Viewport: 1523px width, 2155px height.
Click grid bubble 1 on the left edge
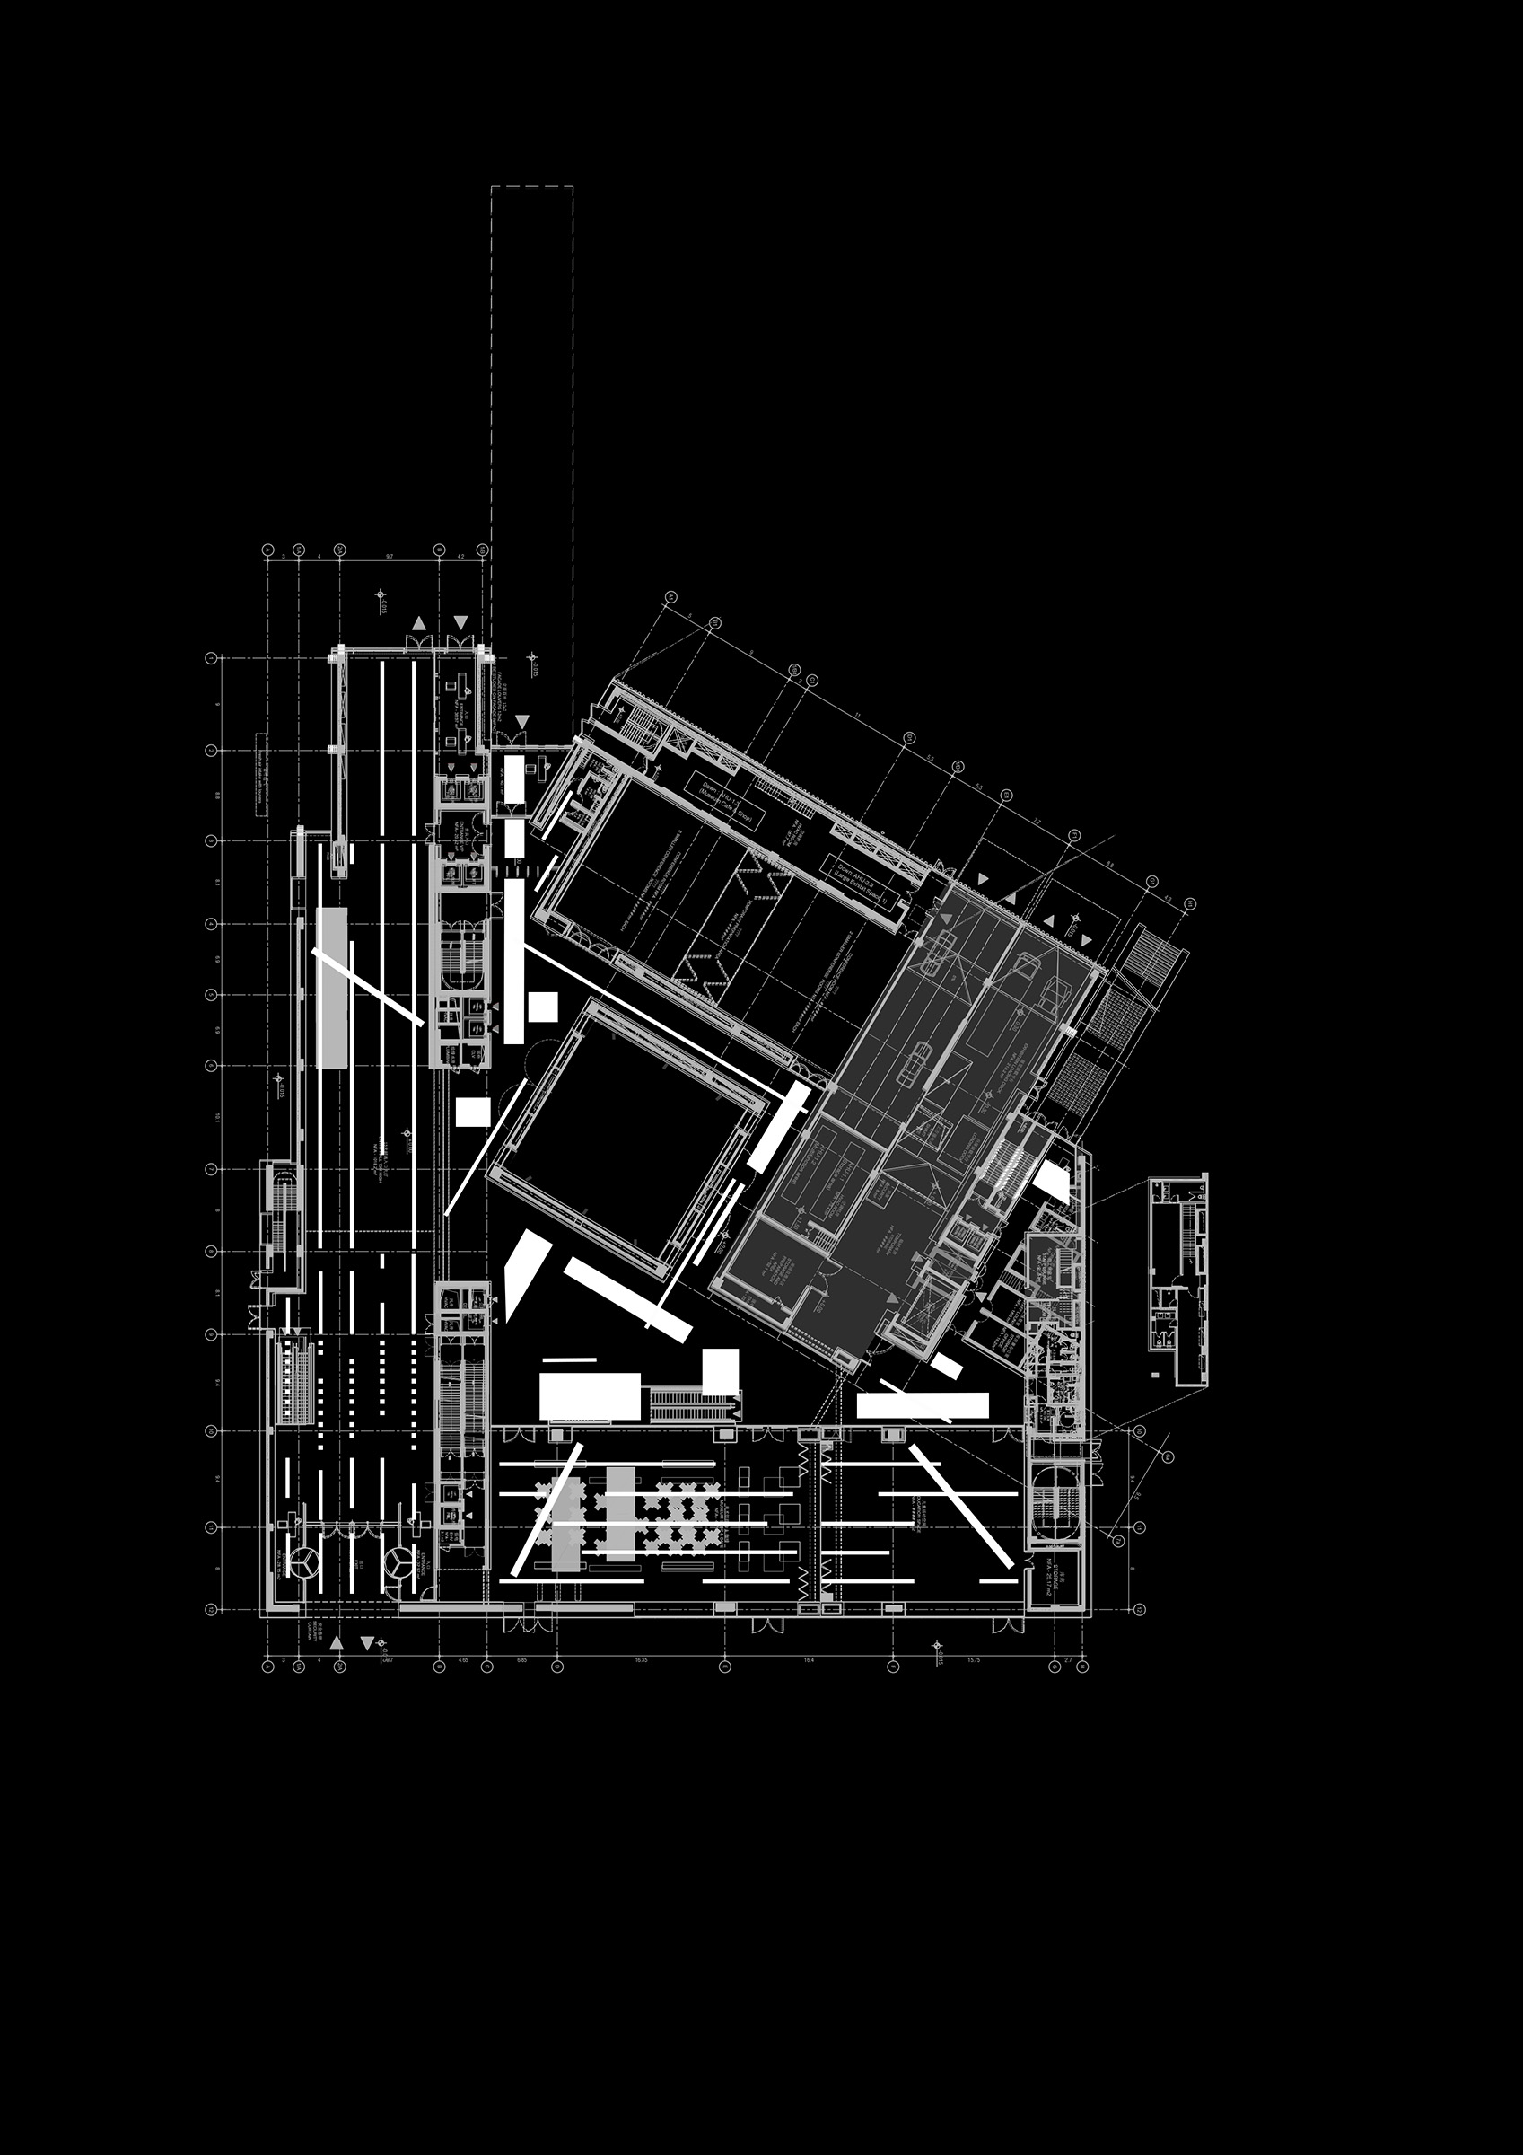click(211, 658)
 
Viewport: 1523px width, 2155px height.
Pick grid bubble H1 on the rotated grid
click(1191, 903)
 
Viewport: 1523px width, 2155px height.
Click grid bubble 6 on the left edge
click(211, 1065)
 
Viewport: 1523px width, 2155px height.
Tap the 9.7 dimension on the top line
click(390, 557)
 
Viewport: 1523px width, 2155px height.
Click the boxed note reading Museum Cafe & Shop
click(724, 802)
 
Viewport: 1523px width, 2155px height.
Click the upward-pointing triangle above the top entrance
click(419, 623)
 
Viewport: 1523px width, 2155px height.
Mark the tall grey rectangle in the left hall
click(332, 988)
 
